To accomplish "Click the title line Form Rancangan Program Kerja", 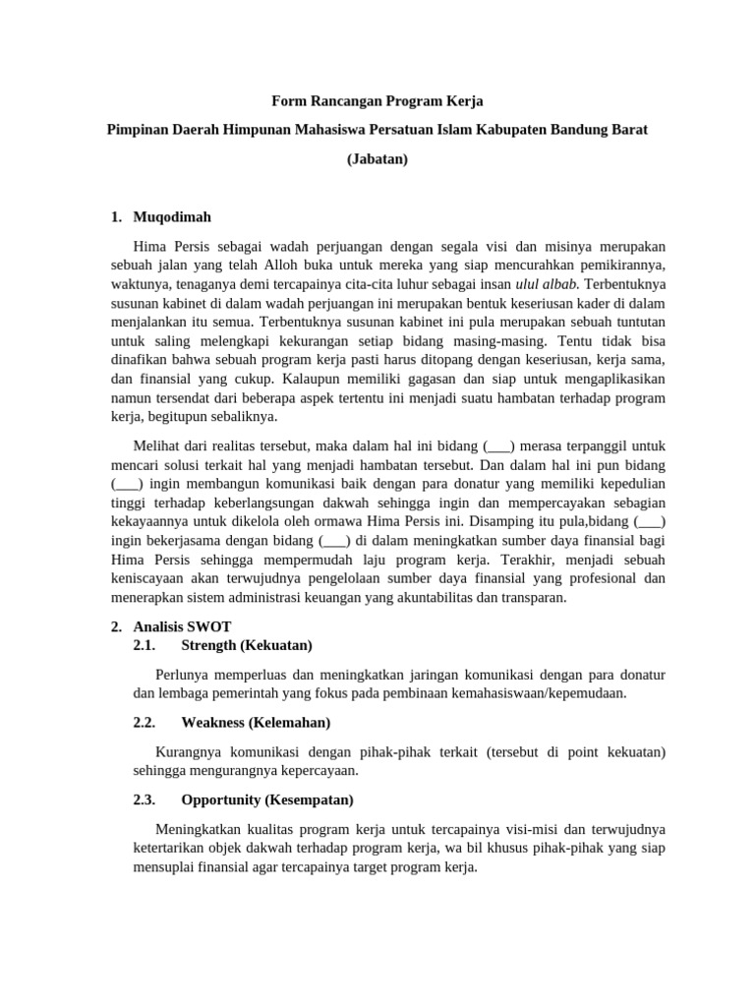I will click(377, 101).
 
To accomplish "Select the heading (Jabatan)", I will click(377, 158).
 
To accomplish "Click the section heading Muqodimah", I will click(171, 216).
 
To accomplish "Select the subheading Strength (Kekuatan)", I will click(247, 645).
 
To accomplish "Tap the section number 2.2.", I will click(145, 723).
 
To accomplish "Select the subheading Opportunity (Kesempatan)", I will click(267, 800).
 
